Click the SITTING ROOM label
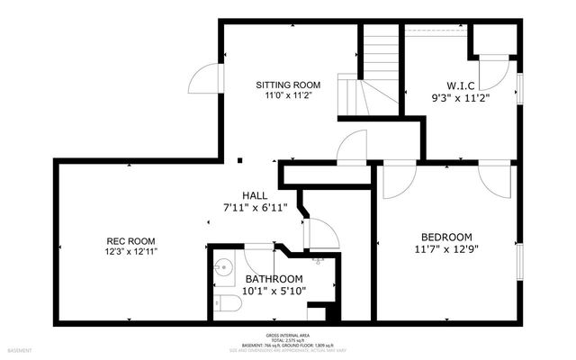(x=288, y=85)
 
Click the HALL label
(x=254, y=195)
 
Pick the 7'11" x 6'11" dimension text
(x=254, y=207)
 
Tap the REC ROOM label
(x=131, y=240)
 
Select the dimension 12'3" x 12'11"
(x=131, y=252)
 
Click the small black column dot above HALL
(x=240, y=161)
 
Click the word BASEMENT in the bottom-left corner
(x=20, y=350)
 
